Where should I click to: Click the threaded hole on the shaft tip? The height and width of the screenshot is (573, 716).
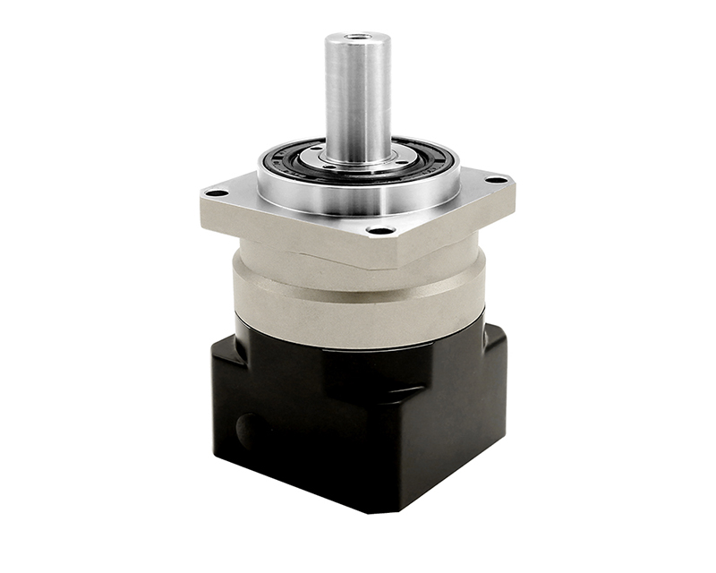pyautogui.click(x=357, y=38)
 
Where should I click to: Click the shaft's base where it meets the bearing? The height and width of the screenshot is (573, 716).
pyautogui.click(x=357, y=161)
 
